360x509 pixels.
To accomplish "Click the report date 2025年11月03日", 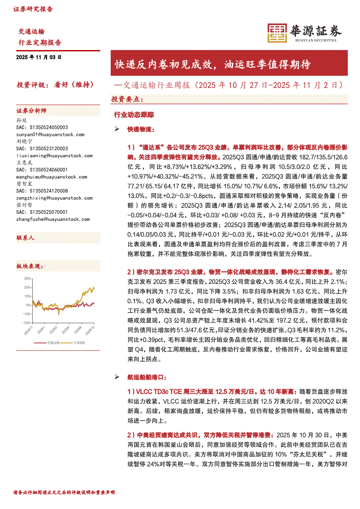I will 39,57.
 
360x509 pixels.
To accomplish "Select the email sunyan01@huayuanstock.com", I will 51,135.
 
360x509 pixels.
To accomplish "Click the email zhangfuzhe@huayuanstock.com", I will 53,219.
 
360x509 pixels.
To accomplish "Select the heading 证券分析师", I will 31,111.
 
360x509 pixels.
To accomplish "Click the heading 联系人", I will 25,238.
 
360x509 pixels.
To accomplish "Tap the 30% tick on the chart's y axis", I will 27,278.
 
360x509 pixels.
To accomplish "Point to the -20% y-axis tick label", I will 27,323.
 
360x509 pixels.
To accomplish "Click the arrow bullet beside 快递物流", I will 116,129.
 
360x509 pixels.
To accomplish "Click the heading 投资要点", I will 127,99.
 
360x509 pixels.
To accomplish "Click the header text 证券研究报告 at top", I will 33,9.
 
